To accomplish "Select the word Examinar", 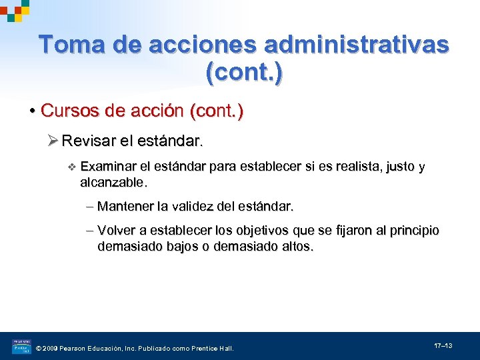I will pyautogui.click(x=108, y=166).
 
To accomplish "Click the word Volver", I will pyautogui.click(x=116, y=231).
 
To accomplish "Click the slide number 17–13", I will pyautogui.click(x=443, y=345).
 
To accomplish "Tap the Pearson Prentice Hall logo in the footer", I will pyautogui.click(x=21, y=347).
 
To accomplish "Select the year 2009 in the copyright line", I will pyautogui.click(x=51, y=348).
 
